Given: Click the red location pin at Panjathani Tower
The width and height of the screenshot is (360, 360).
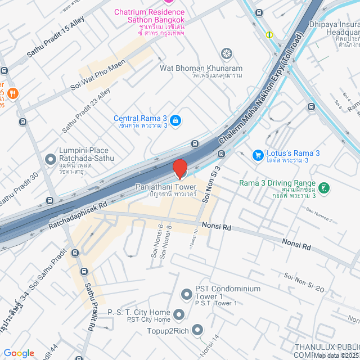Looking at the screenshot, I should [x=179, y=169].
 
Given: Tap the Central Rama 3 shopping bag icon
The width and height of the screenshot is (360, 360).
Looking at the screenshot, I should [x=175, y=120].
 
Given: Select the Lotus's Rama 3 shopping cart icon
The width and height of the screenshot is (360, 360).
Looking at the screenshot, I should [x=258, y=154].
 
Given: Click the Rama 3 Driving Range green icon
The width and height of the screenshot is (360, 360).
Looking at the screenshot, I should [x=324, y=188].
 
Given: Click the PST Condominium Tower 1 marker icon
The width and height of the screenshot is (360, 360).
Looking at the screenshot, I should [x=186, y=294].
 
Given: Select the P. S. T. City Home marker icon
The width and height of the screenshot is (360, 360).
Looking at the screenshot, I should [x=179, y=314].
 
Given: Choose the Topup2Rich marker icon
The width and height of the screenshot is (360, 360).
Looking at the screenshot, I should [x=197, y=330].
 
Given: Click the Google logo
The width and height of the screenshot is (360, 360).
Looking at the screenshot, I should [x=19, y=353].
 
